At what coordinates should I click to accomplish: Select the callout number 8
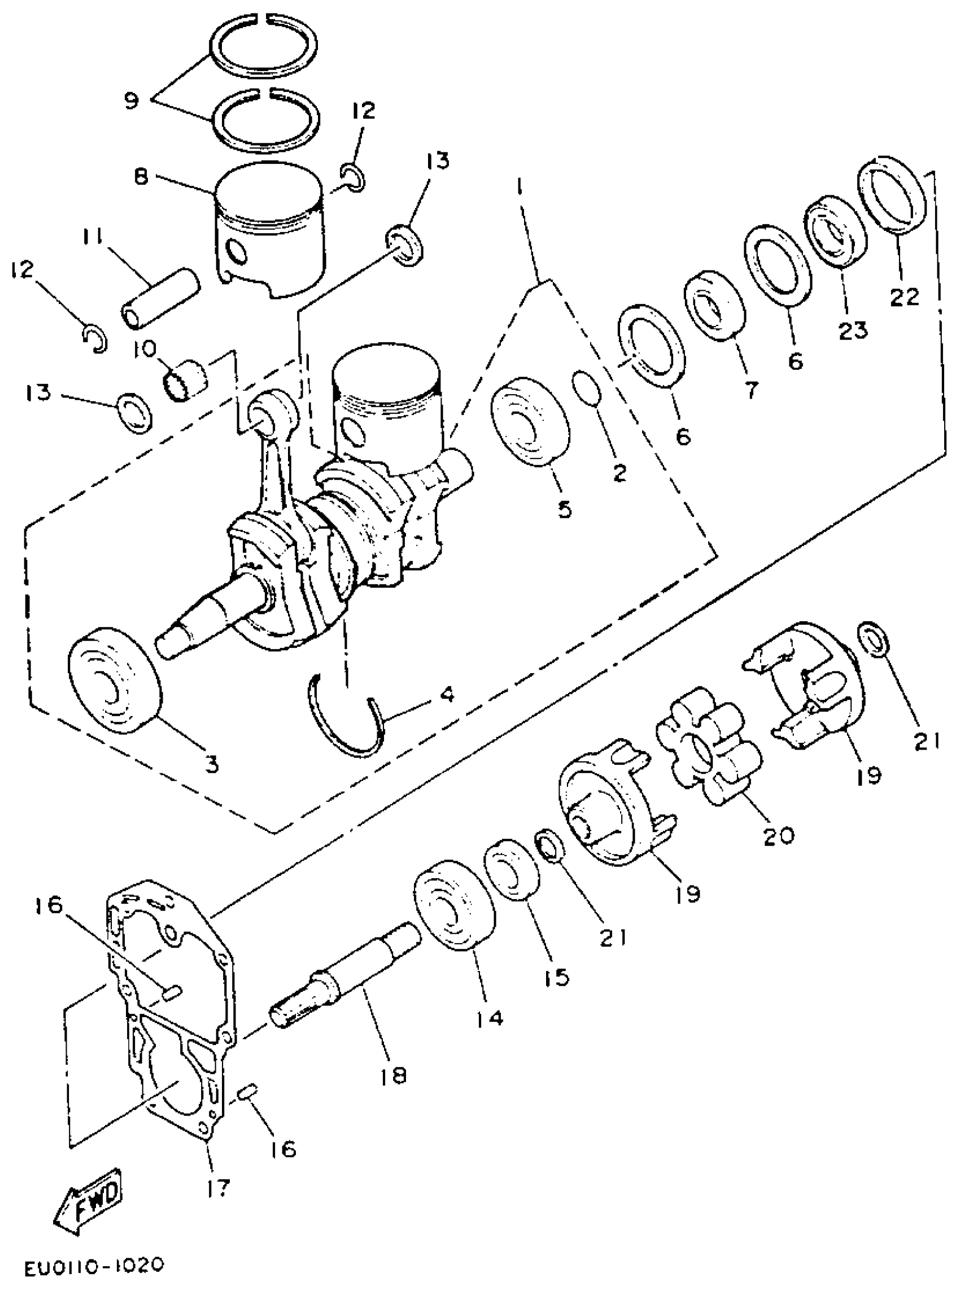[x=141, y=176]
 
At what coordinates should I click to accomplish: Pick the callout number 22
[x=905, y=297]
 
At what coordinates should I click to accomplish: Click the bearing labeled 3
[x=115, y=681]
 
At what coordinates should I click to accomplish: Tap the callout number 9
[x=132, y=101]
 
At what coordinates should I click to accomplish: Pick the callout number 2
[x=619, y=473]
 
